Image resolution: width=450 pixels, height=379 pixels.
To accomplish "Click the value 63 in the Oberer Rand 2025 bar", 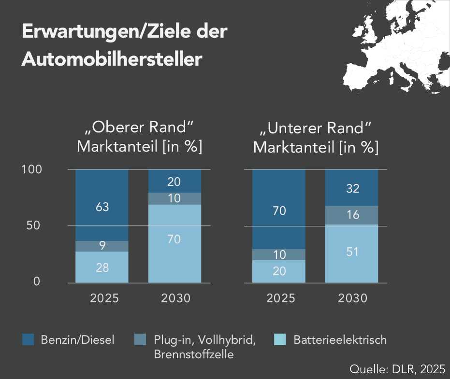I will tap(102, 207).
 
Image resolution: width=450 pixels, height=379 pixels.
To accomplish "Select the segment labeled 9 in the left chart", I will tap(102, 246).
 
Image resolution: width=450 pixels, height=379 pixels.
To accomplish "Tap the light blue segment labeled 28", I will tap(102, 267).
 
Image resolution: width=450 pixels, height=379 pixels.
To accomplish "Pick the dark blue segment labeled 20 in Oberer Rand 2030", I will tap(174, 182).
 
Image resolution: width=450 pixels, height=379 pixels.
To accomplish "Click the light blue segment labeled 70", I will tap(174, 239).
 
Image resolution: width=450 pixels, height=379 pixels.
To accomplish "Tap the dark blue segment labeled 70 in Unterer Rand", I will tap(279, 211).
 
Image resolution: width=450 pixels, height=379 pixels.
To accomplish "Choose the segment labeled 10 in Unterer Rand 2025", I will tap(279, 255).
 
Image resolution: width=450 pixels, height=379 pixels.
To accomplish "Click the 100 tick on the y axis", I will tap(33, 170).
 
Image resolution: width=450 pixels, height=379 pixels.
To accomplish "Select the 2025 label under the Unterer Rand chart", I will tap(280, 298).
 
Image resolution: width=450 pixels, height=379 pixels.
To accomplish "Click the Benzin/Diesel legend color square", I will tap(29, 340).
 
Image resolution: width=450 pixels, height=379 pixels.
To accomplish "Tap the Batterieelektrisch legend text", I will tap(340, 340).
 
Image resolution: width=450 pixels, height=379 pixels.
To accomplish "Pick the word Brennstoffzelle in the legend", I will tap(193, 354).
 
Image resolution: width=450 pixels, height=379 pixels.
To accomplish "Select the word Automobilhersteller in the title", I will tap(111, 59).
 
